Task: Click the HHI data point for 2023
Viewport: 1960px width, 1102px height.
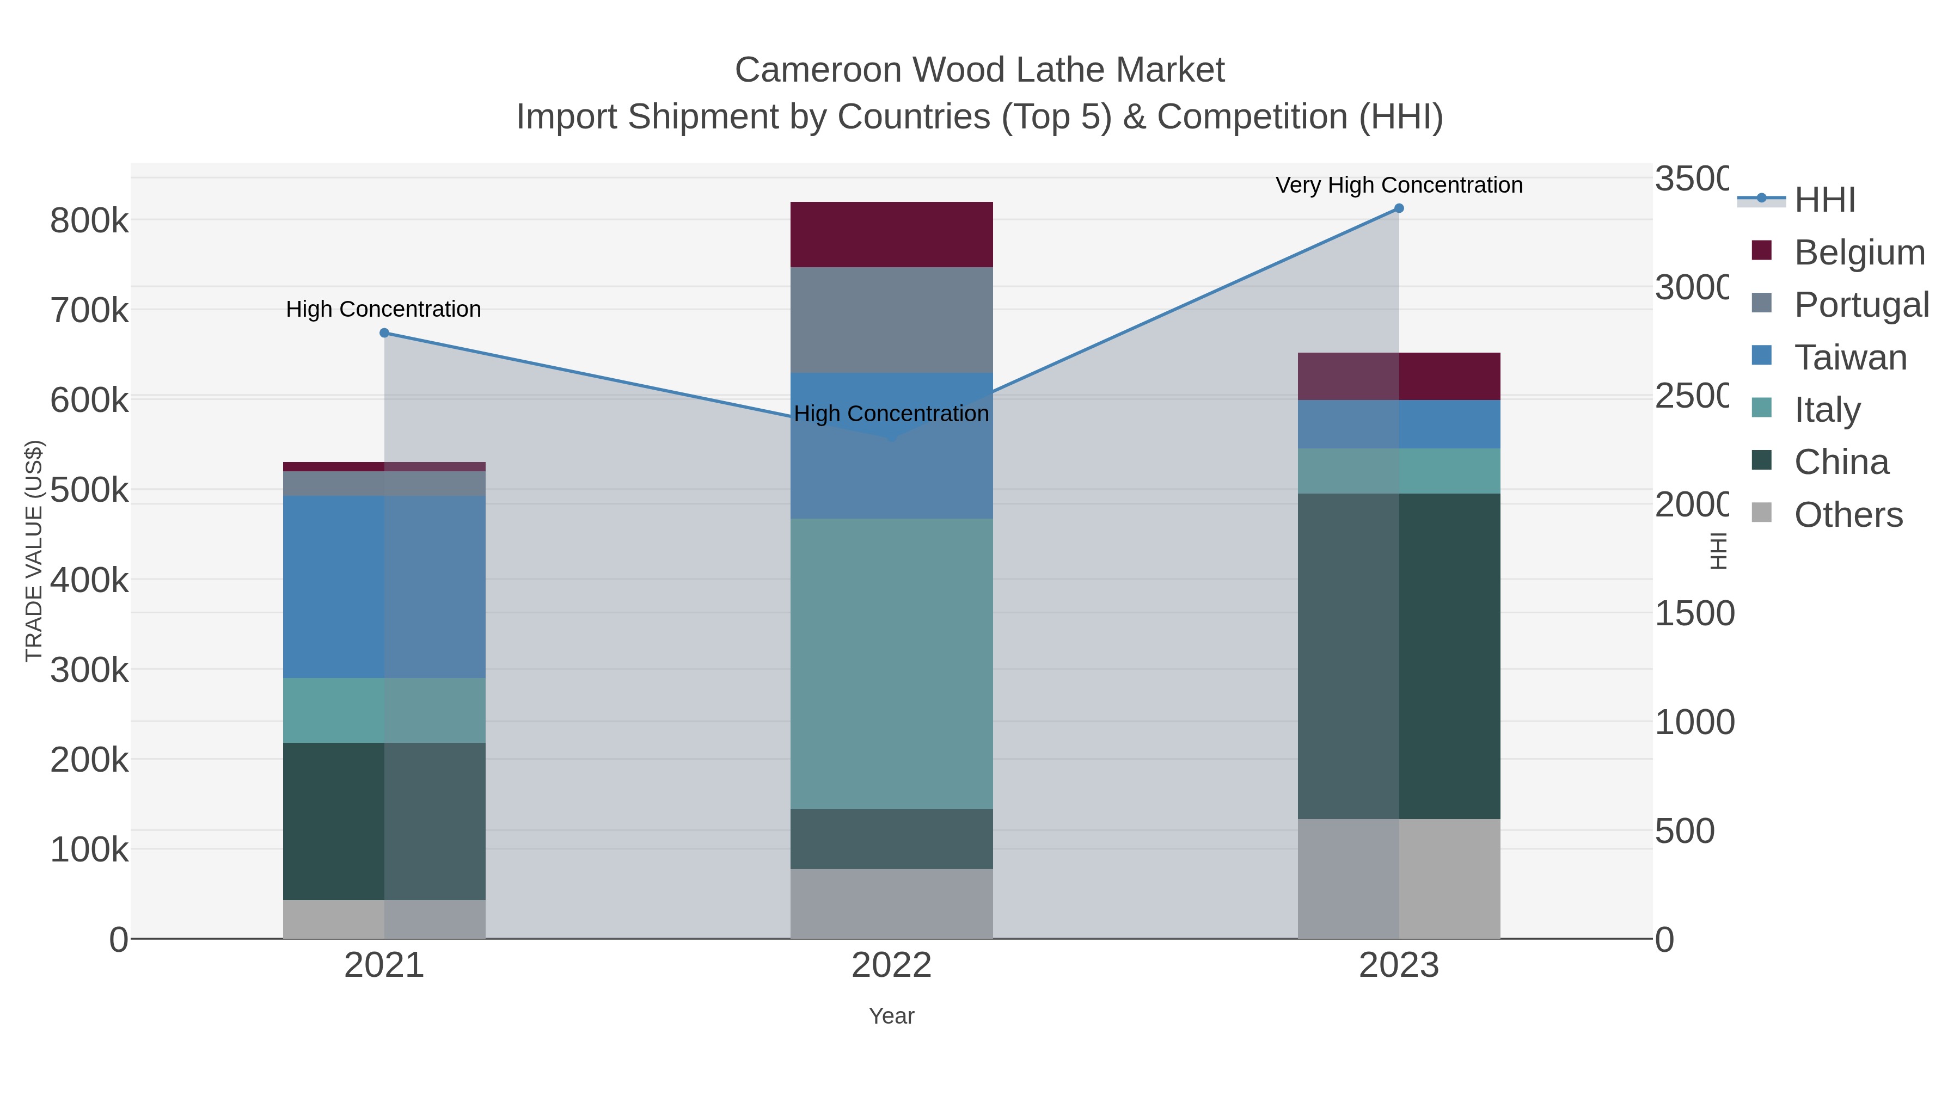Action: [x=1399, y=208]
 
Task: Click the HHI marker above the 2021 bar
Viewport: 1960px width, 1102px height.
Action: [x=384, y=333]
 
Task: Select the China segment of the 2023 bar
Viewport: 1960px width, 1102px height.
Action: [x=1399, y=656]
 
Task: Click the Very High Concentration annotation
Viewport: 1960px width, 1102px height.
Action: [x=1399, y=186]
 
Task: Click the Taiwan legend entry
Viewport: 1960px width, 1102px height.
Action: [x=1849, y=358]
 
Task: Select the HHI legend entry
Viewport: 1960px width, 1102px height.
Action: [x=1824, y=200]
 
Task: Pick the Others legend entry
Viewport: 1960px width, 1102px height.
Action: [x=1847, y=515]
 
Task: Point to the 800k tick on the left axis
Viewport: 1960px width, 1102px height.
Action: [x=89, y=221]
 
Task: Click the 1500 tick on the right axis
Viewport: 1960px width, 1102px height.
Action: [x=1694, y=614]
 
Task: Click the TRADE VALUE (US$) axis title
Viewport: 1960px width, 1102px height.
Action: [x=34, y=551]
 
